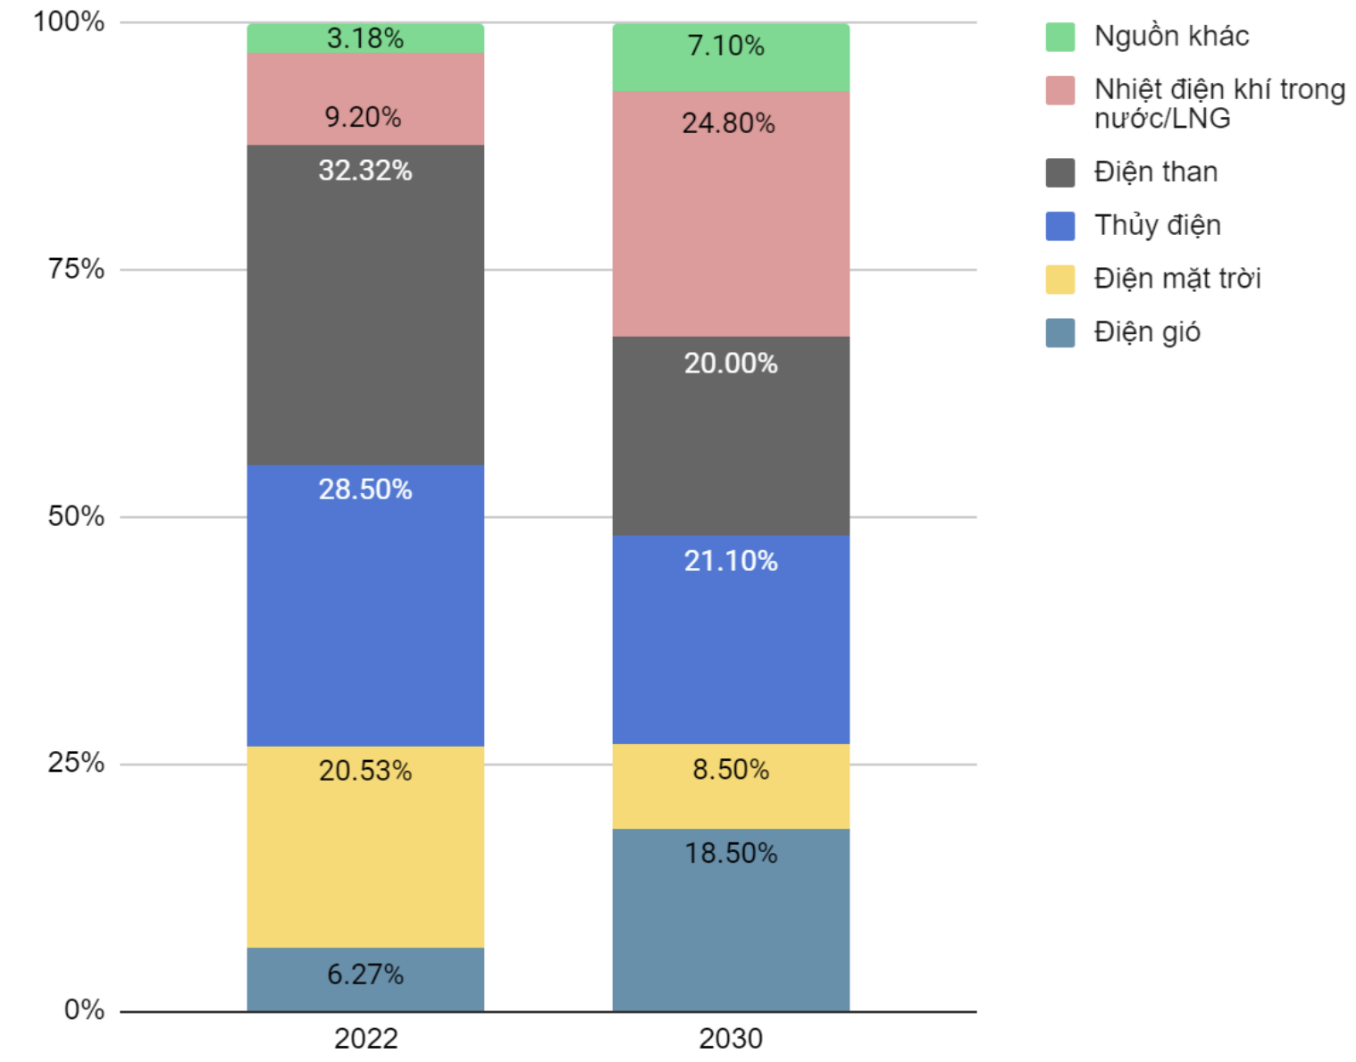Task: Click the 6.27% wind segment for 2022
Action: pyautogui.click(x=365, y=979)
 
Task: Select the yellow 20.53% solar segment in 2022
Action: pyautogui.click(x=365, y=847)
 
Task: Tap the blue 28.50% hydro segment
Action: pyautogui.click(x=365, y=606)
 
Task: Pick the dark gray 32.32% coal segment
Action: pyautogui.click(x=365, y=305)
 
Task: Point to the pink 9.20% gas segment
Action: pyautogui.click(x=365, y=98)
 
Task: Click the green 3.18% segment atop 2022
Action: pyautogui.click(x=365, y=38)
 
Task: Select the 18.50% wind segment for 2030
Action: pyautogui.click(x=731, y=920)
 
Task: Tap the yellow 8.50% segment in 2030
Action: pyautogui.click(x=731, y=786)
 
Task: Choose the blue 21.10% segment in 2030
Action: pyautogui.click(x=731, y=640)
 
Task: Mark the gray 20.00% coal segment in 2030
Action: pyautogui.click(x=731, y=436)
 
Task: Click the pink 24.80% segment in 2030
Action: pyautogui.click(x=731, y=214)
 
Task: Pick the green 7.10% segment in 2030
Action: pyautogui.click(x=731, y=57)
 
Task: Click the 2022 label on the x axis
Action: pyautogui.click(x=365, y=1039)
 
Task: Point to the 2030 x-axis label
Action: pyautogui.click(x=731, y=1039)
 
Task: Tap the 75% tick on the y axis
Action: pyautogui.click(x=77, y=269)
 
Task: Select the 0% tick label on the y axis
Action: pyautogui.click(x=84, y=1010)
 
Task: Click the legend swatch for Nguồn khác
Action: pyautogui.click(x=1060, y=38)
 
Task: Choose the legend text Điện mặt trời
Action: pyautogui.click(x=1177, y=279)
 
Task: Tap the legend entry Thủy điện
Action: pyautogui.click(x=1158, y=225)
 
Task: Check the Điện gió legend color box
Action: pyautogui.click(x=1060, y=332)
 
